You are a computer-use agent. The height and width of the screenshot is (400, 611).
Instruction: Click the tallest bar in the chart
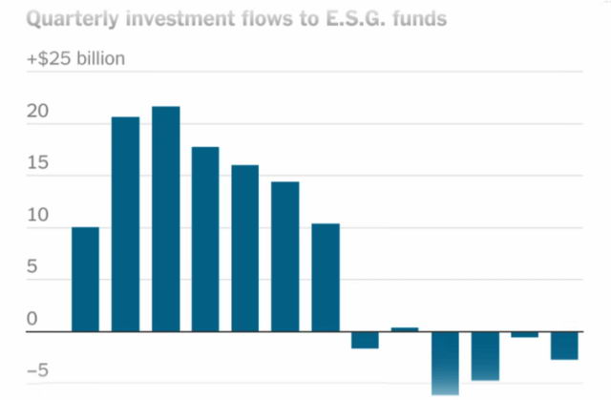pos(165,220)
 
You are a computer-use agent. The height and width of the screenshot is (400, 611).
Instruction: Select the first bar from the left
pos(85,279)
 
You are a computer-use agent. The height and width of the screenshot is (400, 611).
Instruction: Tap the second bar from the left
pos(125,224)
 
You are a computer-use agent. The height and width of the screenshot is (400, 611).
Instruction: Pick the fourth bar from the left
pos(205,239)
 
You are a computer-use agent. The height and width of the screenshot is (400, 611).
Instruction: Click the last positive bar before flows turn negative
pos(326,277)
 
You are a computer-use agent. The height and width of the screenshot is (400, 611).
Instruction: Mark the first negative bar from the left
pos(365,340)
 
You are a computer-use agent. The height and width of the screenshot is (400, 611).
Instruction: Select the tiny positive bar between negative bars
pos(405,329)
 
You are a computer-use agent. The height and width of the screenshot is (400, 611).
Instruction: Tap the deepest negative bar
pos(445,363)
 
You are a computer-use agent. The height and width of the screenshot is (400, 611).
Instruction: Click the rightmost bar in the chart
pos(564,346)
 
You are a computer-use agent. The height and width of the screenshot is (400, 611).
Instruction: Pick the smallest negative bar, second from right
pos(524,334)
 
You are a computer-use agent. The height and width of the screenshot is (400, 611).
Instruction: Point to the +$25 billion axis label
pos(75,59)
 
